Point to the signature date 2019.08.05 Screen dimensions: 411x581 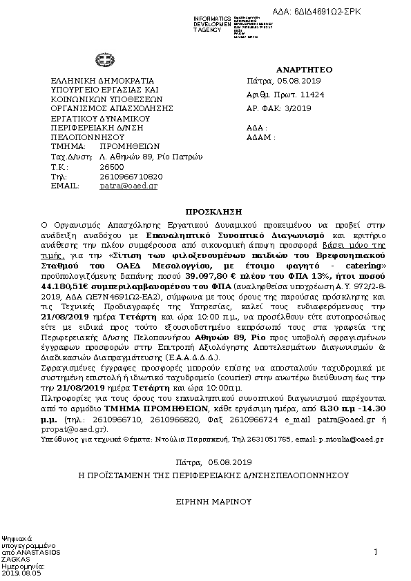pos(21,573)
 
